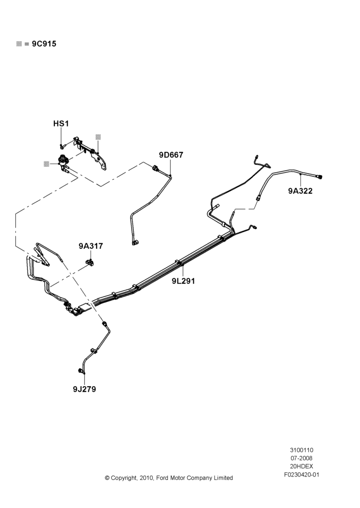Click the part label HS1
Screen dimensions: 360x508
[61, 123]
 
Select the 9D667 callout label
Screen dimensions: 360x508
[171, 155]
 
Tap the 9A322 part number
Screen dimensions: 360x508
[301, 191]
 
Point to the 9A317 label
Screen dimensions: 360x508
[91, 246]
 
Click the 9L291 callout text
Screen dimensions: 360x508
[184, 281]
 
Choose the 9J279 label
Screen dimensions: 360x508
[84, 389]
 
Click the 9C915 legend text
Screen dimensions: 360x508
[44, 44]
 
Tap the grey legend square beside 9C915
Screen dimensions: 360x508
[19, 44]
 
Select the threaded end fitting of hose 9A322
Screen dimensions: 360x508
[320, 177]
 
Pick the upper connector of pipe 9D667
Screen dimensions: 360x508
[155, 168]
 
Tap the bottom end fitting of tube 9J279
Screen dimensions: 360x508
[80, 371]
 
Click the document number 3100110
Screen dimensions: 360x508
[302, 450]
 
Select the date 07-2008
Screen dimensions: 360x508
[302, 458]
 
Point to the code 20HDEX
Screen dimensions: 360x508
[302, 466]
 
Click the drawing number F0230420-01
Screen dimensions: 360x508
[302, 475]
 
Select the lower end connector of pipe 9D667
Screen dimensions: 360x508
[135, 242]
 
